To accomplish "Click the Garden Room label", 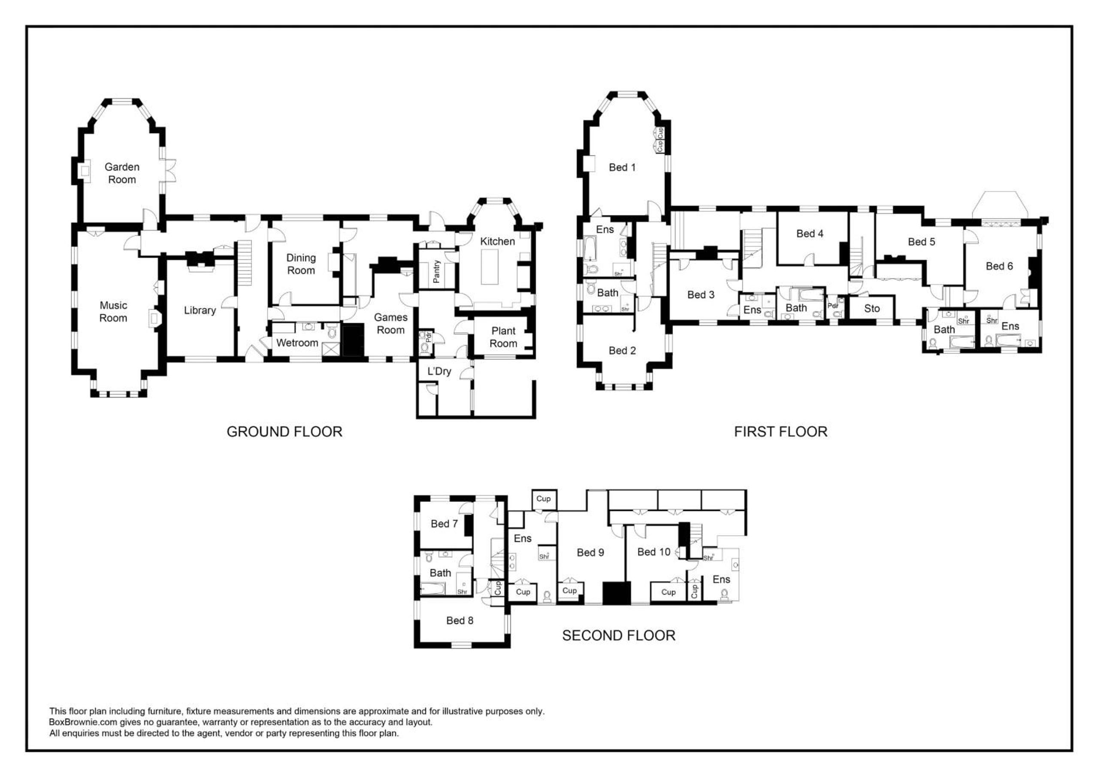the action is [x=122, y=173].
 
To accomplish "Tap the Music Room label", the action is [x=113, y=312].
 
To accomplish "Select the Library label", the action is [x=200, y=310].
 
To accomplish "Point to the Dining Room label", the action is [x=301, y=264].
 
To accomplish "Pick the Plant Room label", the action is [x=503, y=337].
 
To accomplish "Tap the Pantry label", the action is [x=436, y=272].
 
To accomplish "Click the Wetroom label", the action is [x=297, y=343].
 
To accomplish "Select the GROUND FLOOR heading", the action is [x=284, y=431].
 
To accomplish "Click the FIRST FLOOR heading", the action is [x=780, y=431].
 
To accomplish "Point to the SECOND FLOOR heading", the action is [x=619, y=635].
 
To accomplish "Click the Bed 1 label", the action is [x=622, y=167].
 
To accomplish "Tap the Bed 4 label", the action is [x=810, y=234].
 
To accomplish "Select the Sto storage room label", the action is [x=872, y=309].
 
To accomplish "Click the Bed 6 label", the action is [x=999, y=266].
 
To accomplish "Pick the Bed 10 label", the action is [x=654, y=552].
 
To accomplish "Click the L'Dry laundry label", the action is [x=439, y=371].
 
